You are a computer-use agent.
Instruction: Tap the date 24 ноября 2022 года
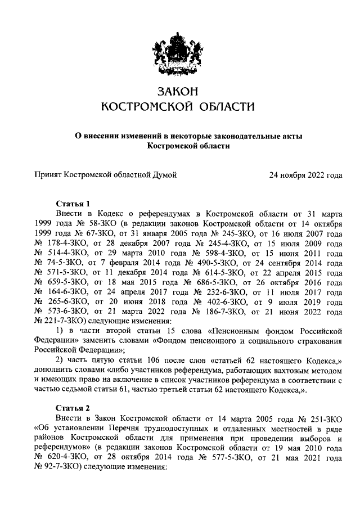pos(305,175)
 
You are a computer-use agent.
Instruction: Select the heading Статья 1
pos(73,203)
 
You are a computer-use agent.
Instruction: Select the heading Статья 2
pos(73,408)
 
